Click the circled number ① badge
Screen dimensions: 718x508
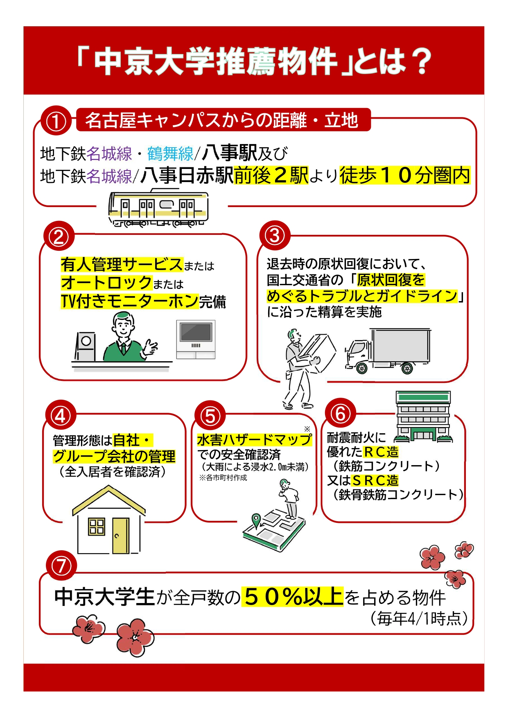tap(56, 122)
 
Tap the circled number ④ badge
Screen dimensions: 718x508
tap(61, 416)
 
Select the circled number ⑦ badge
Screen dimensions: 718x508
tap(61, 566)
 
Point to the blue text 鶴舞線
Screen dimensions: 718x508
tap(170, 154)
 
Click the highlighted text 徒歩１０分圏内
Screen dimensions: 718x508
tap(404, 176)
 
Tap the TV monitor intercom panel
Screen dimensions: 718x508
tap(196, 339)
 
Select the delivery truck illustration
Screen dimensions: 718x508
tap(387, 351)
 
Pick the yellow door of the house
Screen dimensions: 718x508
tap(120, 536)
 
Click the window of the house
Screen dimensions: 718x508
tap(97, 527)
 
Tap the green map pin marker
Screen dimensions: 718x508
tap(256, 520)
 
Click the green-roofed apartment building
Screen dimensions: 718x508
tap(423, 416)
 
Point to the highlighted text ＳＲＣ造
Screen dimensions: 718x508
tap(375, 480)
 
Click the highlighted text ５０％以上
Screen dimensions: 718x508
tap(292, 596)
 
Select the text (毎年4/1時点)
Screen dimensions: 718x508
tap(419, 618)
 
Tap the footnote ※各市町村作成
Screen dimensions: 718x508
tap(223, 478)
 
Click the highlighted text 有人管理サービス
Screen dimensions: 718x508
tap(122, 264)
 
